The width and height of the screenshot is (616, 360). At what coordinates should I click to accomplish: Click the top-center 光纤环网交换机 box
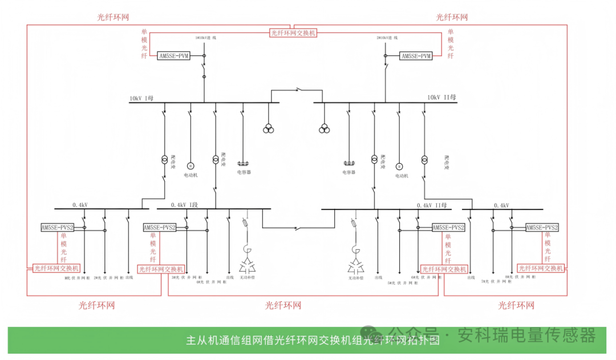pos(293,33)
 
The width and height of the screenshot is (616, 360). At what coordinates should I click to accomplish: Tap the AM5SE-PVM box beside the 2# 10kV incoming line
pos(416,56)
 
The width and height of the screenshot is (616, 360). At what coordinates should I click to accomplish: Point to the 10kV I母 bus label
pos(141,98)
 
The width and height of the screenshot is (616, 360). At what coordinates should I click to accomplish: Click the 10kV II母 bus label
pos(441,98)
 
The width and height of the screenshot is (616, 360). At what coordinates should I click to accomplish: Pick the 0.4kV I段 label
pos(184,205)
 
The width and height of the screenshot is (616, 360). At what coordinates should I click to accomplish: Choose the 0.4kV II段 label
pos(432,205)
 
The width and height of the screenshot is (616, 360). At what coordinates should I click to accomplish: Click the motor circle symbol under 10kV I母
pos(191,165)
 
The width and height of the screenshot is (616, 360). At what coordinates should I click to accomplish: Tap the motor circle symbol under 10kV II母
pos(400,166)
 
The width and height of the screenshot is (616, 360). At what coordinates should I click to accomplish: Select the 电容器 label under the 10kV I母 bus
pos(244,172)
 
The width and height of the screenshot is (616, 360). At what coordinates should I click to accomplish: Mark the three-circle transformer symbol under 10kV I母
pos(268,129)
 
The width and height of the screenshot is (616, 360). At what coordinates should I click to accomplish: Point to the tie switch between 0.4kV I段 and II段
pos(297,229)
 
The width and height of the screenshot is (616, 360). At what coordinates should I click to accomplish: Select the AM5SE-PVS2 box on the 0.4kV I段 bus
pos(160,228)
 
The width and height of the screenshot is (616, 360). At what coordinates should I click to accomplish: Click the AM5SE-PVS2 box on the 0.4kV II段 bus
pos(448,228)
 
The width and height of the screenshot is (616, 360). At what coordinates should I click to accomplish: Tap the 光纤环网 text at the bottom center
pos(283,306)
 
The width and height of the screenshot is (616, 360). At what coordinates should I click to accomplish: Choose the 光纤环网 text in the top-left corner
pos(114,17)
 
